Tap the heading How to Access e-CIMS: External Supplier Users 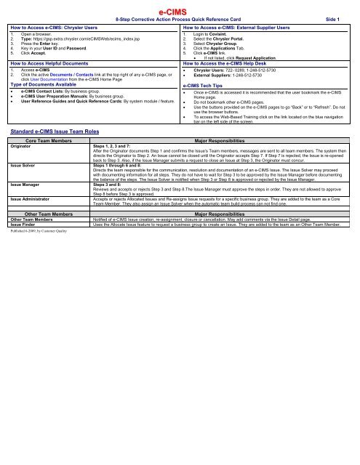tap(237, 25)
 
